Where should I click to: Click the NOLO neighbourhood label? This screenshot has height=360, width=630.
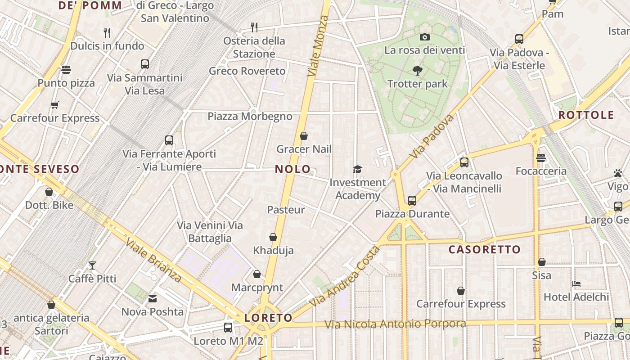tap(292, 169)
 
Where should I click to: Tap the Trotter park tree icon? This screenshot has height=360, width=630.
tap(418, 70)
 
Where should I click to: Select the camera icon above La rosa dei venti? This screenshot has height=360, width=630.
tap(424, 37)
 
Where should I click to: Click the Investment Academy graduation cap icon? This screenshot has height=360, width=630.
tap(357, 169)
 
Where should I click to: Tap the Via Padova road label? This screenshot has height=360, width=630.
tap(432, 136)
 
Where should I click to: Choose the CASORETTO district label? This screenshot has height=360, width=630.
tap(485, 249)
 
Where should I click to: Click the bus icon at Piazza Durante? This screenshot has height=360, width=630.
tap(412, 201)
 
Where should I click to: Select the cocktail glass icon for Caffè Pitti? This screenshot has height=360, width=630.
tap(92, 265)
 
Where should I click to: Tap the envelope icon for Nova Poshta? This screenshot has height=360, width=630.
tap(153, 298)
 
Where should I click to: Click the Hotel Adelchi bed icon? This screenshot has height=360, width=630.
tap(576, 284)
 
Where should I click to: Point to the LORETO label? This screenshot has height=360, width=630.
tap(268, 318)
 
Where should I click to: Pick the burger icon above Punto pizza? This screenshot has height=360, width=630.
tap(66, 70)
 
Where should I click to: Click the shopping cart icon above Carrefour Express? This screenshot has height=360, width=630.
tap(55, 105)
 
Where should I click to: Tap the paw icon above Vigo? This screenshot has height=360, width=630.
tap(617, 173)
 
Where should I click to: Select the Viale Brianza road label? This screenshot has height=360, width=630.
tap(153, 260)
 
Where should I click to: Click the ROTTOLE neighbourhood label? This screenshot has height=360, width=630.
tap(586, 115)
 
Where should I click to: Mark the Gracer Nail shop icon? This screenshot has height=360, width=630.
tap(304, 136)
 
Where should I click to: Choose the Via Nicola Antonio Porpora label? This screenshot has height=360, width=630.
tap(395, 324)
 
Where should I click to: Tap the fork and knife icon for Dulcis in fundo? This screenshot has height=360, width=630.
tap(107, 32)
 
